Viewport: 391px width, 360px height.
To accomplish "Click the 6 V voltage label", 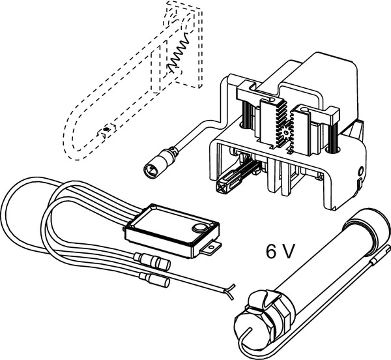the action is tap(280, 251).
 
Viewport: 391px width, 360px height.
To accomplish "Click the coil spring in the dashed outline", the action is tap(177, 54).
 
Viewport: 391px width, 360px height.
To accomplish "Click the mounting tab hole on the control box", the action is tap(211, 247).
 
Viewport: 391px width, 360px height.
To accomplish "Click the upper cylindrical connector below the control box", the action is tap(152, 261).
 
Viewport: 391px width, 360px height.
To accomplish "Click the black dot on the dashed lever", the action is tap(106, 129).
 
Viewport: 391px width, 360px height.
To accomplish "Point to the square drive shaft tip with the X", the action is tap(222, 186).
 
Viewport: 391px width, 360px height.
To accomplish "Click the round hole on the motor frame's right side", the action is tap(360, 172).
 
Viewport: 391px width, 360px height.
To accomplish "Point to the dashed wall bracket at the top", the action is tap(185, 42).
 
